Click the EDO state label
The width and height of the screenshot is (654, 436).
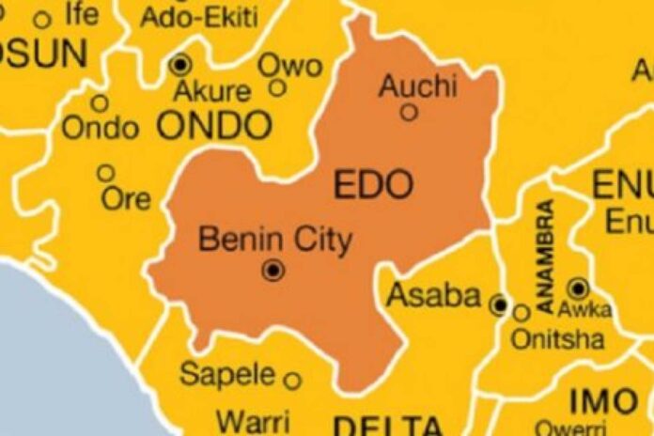coord(374,185)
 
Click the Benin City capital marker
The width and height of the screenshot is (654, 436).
coord(273,271)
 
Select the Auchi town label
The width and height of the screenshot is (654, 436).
coord(417,87)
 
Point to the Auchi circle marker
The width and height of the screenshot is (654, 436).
coord(409,112)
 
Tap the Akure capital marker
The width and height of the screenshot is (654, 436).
coord(180,65)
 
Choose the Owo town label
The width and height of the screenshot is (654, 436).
coord(289,66)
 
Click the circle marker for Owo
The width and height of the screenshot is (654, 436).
coord(277,88)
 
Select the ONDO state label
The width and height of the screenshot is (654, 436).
coord(214,125)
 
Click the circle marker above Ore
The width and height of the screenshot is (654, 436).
coord(106,173)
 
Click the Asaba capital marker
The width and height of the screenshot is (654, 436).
coord(499,304)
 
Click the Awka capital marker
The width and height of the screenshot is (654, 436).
coord(578,288)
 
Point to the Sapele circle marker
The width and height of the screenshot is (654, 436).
coord(292,381)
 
